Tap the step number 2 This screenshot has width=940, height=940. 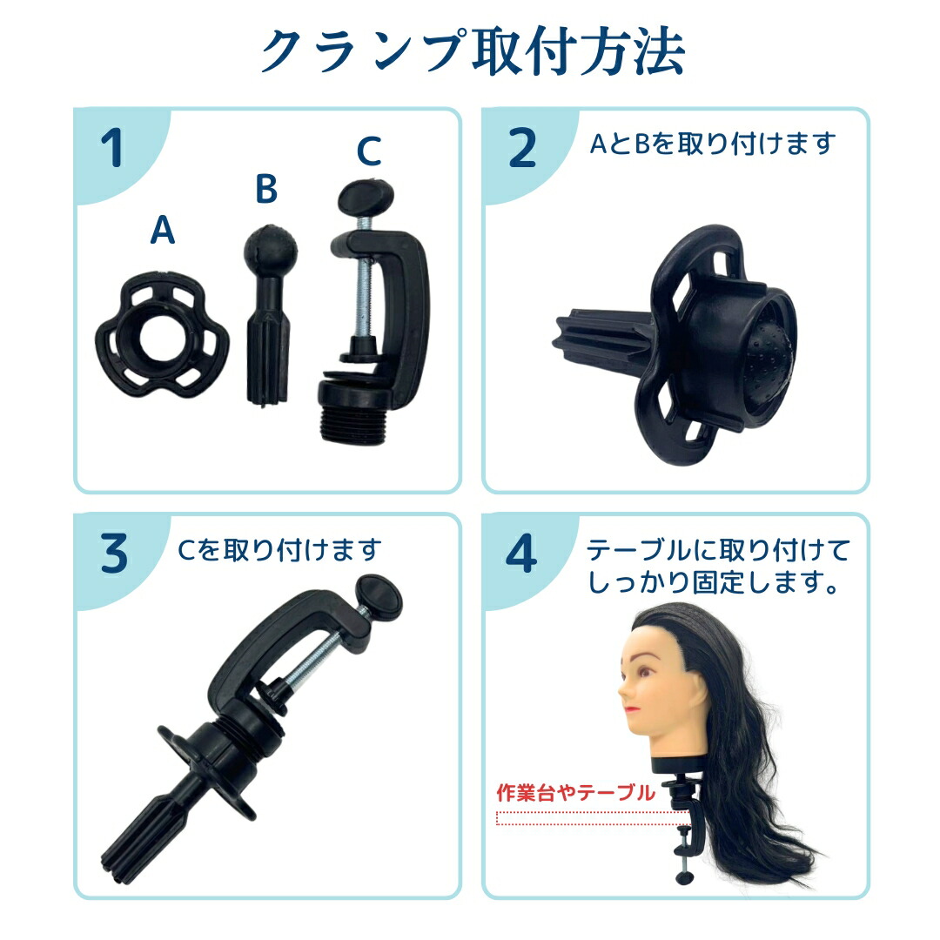[x=521, y=149]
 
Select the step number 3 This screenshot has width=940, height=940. [x=114, y=554]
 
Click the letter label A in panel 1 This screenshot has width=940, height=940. [x=162, y=230]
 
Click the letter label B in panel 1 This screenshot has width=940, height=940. [x=266, y=189]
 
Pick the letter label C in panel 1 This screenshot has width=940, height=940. [x=369, y=151]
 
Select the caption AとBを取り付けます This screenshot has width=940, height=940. [x=712, y=144]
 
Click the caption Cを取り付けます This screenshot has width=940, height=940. [x=279, y=550]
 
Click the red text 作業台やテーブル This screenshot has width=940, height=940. [x=574, y=793]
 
